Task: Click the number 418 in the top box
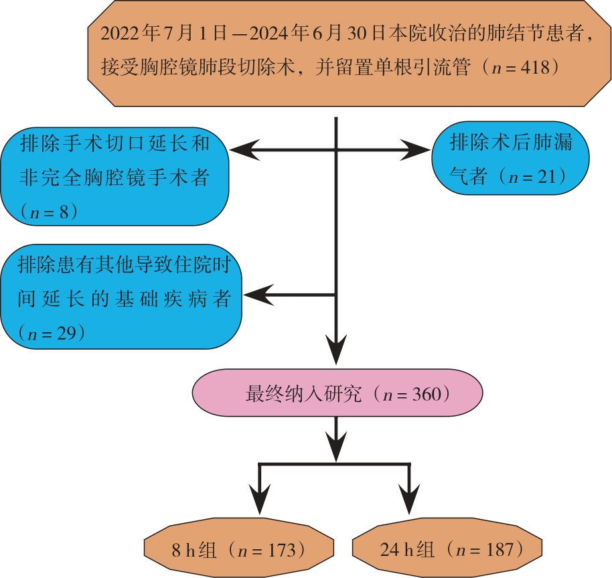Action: [x=534, y=68]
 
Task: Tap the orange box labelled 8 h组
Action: [x=239, y=551]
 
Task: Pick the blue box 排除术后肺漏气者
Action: [x=512, y=159]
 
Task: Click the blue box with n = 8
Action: [x=114, y=177]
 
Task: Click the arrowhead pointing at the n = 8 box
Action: [x=245, y=150]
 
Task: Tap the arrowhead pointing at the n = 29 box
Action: [x=258, y=293]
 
